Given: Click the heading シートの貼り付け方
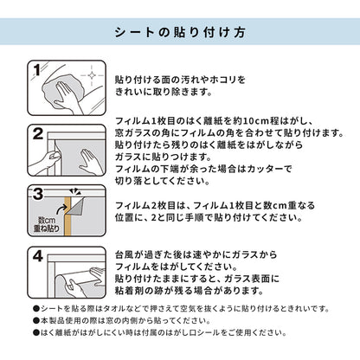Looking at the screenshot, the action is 180,32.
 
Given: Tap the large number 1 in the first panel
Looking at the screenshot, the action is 36,70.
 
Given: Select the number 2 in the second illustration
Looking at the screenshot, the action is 38,134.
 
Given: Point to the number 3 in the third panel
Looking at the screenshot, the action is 38,194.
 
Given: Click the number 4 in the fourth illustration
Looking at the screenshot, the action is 38,256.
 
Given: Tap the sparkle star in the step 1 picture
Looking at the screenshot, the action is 92,75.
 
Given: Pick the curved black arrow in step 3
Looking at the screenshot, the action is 62,210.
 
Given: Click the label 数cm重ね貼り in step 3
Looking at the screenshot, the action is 46,224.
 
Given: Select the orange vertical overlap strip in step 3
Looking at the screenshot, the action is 67,216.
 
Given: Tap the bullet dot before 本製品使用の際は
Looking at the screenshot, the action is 36,321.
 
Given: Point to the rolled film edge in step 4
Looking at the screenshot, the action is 62,285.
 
